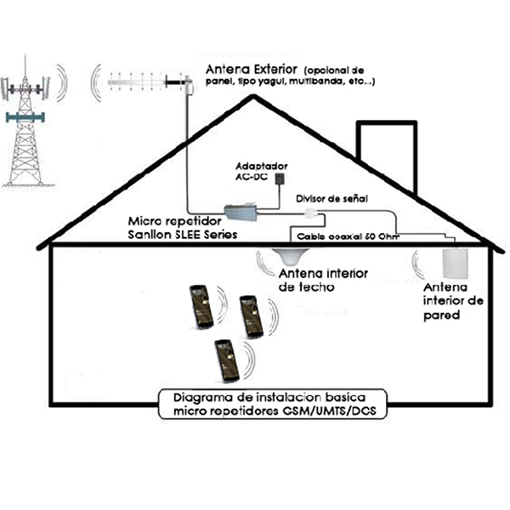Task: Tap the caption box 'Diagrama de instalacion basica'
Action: (x=273, y=404)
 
